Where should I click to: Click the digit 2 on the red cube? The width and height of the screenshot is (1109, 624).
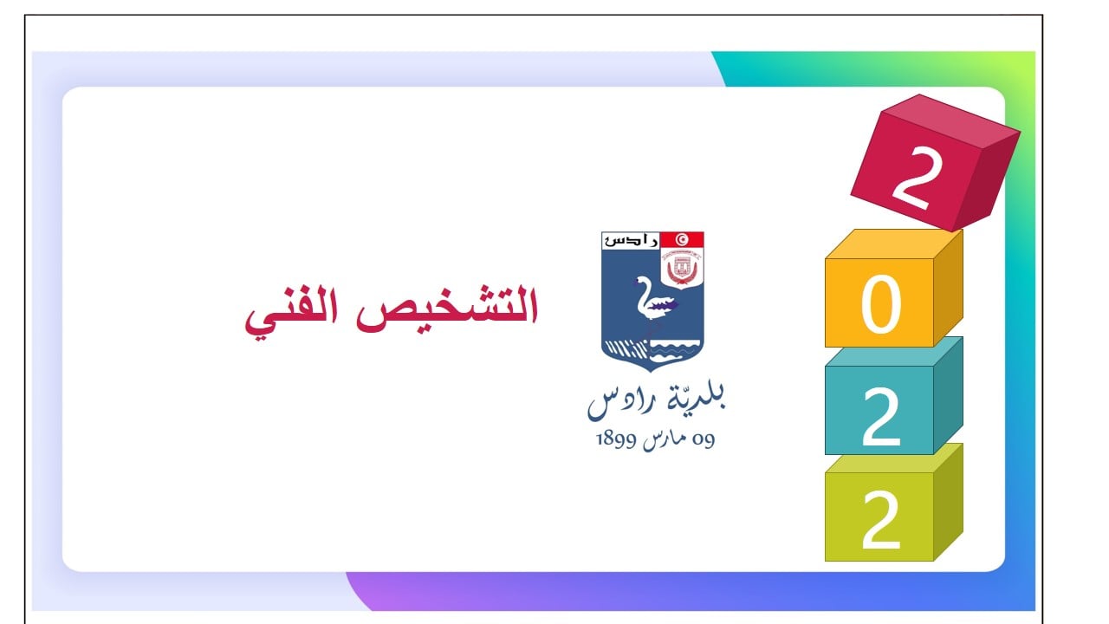917,178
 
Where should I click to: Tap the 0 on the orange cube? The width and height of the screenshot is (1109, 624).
881,304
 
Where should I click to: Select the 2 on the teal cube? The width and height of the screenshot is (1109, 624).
881,417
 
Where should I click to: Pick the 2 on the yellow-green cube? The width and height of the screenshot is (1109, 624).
881,519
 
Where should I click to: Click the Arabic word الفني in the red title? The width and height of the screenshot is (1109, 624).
291,312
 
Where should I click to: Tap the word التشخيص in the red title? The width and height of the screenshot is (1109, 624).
446,310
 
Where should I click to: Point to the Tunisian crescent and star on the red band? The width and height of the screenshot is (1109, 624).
682,240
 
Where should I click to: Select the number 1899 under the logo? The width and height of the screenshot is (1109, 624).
616,439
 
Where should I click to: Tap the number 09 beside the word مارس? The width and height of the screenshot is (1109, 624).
704,439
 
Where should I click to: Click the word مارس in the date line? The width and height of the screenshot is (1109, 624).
665,439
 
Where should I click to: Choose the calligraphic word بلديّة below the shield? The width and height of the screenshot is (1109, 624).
696,397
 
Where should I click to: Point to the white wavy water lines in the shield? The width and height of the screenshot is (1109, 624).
674,352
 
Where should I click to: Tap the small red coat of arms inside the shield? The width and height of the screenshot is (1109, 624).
682,268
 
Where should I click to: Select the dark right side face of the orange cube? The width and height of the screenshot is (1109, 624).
948,287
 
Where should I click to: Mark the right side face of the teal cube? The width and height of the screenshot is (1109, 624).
948,395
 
